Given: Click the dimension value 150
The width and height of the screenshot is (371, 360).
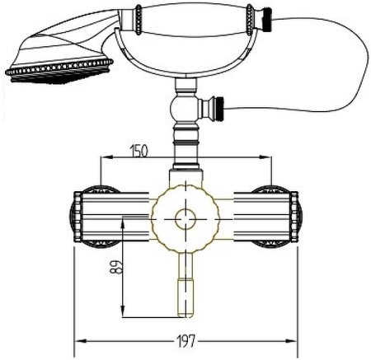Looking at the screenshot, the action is point(139,151).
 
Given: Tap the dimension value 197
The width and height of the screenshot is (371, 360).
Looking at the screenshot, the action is point(185,341).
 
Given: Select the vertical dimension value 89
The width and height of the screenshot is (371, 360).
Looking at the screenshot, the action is point(116,267).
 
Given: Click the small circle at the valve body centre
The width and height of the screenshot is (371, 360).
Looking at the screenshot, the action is point(185,219).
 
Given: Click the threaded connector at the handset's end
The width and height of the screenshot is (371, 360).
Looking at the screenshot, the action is point(266,19).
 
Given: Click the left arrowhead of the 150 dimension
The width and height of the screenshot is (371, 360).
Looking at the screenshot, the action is point(106,157).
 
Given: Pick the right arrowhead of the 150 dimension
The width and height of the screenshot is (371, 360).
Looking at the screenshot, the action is point(265,157).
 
